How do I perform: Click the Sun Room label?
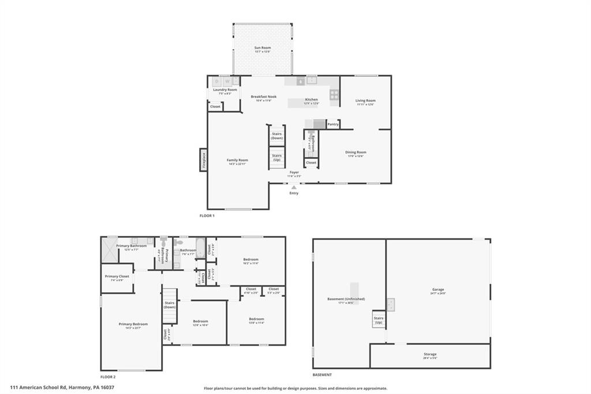[x=263, y=48]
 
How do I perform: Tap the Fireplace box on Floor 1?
[x=203, y=159]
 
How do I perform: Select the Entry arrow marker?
[x=294, y=187]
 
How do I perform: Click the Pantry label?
[x=333, y=124]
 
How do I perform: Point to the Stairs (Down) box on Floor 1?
[x=277, y=136]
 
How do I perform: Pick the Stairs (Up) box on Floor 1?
[x=277, y=157]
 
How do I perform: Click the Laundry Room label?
[x=225, y=90]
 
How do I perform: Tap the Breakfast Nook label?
[x=263, y=97]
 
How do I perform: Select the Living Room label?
[x=365, y=101]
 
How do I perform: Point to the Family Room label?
[x=237, y=161]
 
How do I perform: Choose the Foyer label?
[x=294, y=172]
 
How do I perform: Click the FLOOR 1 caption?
[x=207, y=215]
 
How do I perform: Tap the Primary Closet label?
[x=117, y=277]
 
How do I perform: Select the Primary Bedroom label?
[x=133, y=325]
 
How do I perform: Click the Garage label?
[x=438, y=290]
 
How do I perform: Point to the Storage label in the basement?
[x=430, y=354]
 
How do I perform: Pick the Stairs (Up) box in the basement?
[x=379, y=320]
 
